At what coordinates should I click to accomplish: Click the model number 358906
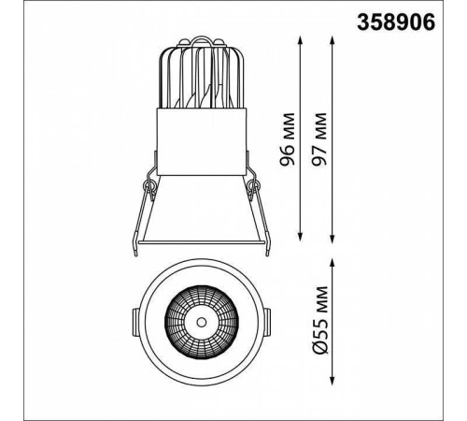[396, 22]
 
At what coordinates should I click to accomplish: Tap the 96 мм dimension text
[287, 139]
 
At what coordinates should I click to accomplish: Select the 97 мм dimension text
[319, 139]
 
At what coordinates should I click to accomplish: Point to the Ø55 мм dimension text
[319, 320]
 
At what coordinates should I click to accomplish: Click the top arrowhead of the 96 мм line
[300, 40]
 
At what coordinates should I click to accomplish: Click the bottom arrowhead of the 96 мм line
[300, 237]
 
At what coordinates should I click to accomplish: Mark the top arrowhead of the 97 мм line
[333, 40]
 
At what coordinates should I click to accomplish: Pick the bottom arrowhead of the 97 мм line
[333, 239]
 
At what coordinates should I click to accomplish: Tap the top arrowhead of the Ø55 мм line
[333, 263]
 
